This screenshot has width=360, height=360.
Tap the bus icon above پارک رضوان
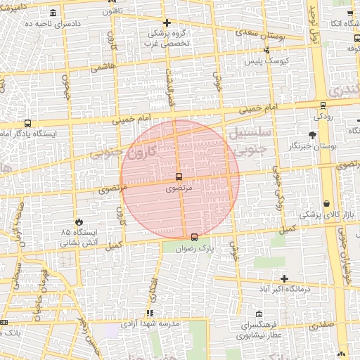pyautogui.click(x=194, y=237)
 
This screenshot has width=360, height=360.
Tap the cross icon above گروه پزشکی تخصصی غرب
pyautogui.click(x=167, y=23)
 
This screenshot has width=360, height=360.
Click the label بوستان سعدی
pyautogui.click(x=239, y=32)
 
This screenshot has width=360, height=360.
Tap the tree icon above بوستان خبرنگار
pyautogui.click(x=312, y=135)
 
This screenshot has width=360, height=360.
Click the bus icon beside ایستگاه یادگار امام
pyautogui.click(x=27, y=123)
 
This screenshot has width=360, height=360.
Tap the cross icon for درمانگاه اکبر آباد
pyautogui.click(x=284, y=278)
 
